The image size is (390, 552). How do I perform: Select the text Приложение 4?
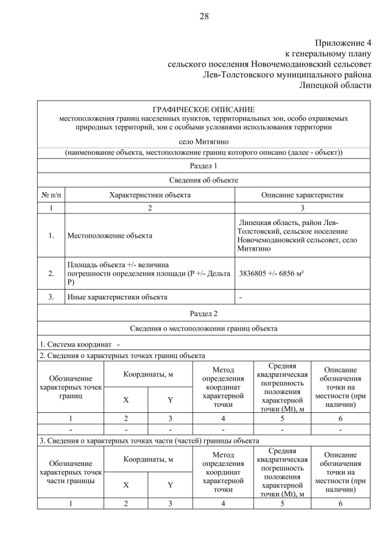click(342, 43)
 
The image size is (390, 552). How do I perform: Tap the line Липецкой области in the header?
click(335, 85)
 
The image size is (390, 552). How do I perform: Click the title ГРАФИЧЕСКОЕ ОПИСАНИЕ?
click(204, 109)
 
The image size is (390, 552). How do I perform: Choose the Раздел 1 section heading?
click(204, 166)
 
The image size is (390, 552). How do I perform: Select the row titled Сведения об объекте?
click(204, 181)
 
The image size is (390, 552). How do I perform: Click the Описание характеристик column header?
click(302, 195)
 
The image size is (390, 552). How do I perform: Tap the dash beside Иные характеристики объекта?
click(241, 297)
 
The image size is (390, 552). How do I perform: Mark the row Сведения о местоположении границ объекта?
click(204, 329)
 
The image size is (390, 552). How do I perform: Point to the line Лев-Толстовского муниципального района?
click(286, 74)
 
